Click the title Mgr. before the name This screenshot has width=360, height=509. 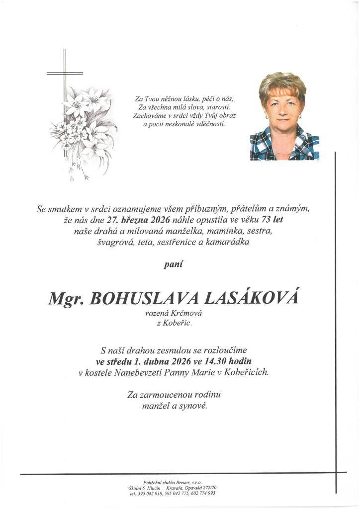pos(67,298)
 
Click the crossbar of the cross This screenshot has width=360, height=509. pos(65,74)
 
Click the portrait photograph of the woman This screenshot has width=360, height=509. pos(284,117)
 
